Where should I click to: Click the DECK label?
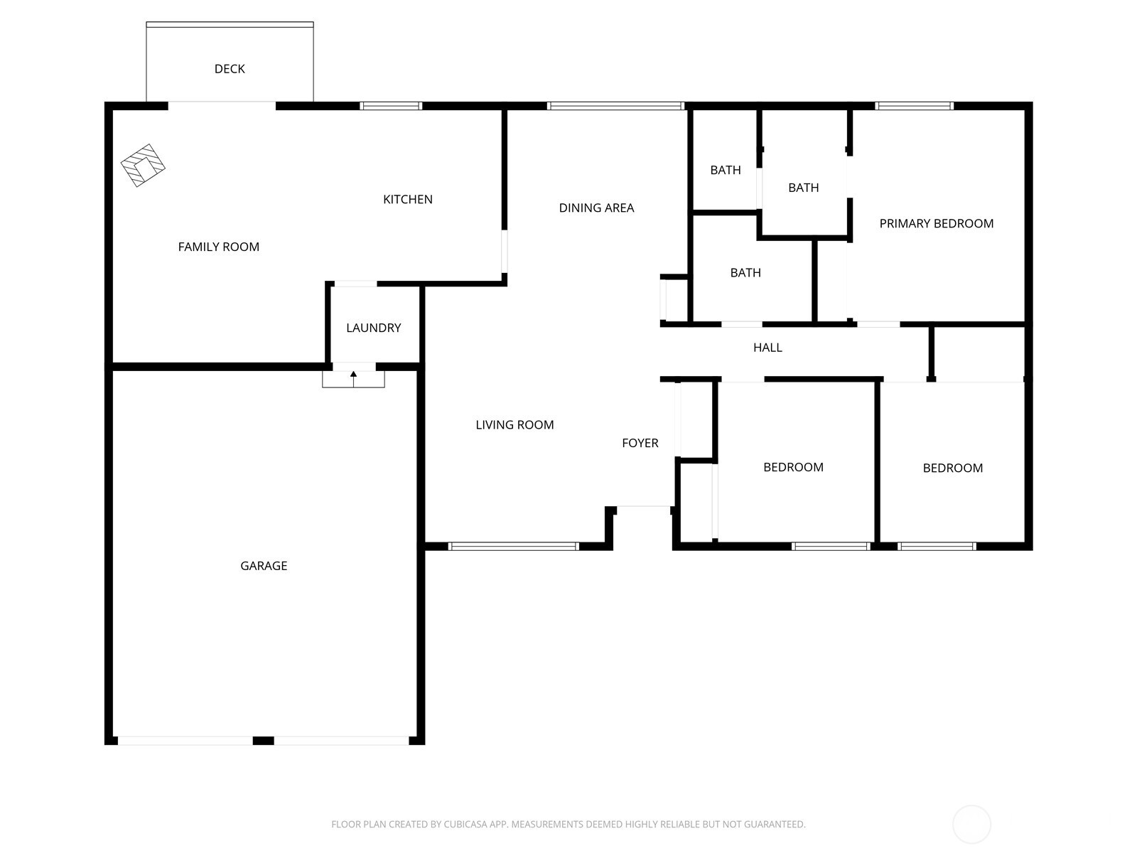click(x=230, y=69)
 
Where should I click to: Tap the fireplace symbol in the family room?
click(x=143, y=165)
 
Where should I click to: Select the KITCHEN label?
click(x=408, y=200)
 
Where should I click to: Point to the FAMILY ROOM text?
click(x=219, y=247)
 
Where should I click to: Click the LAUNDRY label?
click(x=374, y=328)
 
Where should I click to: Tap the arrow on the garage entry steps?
click(x=353, y=379)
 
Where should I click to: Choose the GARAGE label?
click(x=264, y=566)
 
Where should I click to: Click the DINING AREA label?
click(x=596, y=208)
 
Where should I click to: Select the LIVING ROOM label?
click(x=514, y=424)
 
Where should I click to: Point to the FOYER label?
click(x=640, y=443)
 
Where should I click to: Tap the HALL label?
click(x=767, y=348)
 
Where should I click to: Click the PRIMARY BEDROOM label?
click(x=936, y=224)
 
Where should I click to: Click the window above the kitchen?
click(x=391, y=106)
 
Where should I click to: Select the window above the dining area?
click(x=616, y=106)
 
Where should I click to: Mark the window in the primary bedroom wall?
click(x=915, y=106)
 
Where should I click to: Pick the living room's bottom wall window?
click(x=513, y=547)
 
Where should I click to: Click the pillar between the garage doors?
click(x=263, y=741)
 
